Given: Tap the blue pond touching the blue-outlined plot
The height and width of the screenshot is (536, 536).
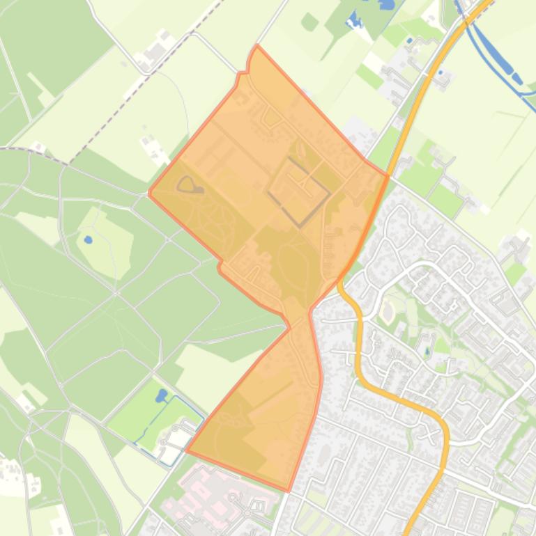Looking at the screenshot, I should point(161,395).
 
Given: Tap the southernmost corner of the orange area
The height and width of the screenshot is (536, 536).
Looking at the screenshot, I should point(289,491).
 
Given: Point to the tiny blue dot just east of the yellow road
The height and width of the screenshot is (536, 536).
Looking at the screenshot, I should point(409,40).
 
